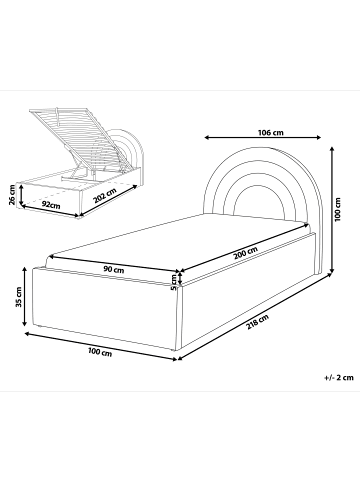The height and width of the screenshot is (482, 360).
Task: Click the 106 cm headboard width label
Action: pos(271,132)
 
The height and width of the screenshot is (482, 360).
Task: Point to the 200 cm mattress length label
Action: pos(246,253)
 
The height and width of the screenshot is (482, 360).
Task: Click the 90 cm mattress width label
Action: pos(114,269)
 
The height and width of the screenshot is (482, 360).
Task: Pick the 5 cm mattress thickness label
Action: pos(174,282)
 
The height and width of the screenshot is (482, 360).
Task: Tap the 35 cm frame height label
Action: pos(19,297)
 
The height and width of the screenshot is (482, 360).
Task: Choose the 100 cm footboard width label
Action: pos(100,351)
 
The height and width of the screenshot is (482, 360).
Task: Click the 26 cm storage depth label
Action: pos(12,195)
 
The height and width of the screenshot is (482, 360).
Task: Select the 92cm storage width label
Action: pos(51,205)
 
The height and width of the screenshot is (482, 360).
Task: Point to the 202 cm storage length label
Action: pos(105,196)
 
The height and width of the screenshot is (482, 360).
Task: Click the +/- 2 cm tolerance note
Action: pos(338,378)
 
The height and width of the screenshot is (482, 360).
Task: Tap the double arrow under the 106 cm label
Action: pos(263,137)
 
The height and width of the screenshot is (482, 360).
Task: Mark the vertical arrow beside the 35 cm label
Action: pos(25,297)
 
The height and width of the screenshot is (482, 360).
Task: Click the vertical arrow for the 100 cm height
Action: pos(332,209)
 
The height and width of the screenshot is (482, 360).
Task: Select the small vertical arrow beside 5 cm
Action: pos(180,278)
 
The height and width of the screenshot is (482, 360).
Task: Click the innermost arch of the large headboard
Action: pos(259,186)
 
